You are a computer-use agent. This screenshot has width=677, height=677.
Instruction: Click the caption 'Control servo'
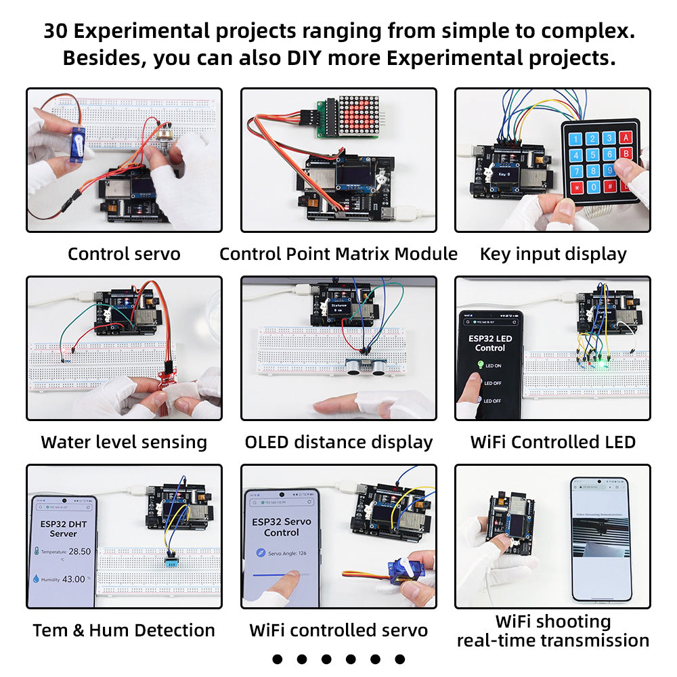click(x=124, y=255)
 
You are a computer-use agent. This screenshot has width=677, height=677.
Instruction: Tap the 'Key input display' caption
click(x=553, y=255)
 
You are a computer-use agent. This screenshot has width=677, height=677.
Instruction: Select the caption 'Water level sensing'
click(x=124, y=443)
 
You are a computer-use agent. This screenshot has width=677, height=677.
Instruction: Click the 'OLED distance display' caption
click(x=338, y=443)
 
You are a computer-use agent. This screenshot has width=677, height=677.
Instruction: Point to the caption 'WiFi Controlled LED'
click(x=553, y=443)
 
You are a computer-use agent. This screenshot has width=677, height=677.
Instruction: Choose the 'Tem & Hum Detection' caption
click(x=124, y=631)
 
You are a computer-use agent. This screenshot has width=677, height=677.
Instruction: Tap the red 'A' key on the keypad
click(x=627, y=137)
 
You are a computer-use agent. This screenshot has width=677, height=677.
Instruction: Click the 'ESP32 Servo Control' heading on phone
click(x=281, y=527)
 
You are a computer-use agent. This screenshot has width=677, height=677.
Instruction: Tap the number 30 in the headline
click(x=58, y=31)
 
